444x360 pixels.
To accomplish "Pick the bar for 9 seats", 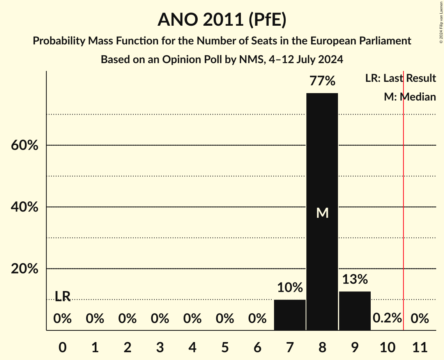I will point(355,311).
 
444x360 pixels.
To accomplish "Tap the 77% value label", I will point(322,81).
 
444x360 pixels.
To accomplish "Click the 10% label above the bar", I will point(290,288).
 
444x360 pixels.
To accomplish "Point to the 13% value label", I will point(355,279).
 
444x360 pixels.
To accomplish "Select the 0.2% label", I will point(387,318).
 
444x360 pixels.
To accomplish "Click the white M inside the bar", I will point(322,213).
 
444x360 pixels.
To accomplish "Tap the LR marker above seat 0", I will point(62,296).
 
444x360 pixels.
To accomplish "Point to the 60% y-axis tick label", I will point(24,146).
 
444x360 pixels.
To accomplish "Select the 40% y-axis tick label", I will point(24,207).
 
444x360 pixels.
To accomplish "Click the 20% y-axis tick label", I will point(24,269).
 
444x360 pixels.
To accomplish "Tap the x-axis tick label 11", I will point(419,346).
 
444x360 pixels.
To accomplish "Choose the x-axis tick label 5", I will point(225,346).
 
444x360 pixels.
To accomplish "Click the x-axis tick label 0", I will point(62,346).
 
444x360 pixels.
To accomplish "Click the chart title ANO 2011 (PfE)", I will point(222,20).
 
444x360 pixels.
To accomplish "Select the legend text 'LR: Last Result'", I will point(400,78).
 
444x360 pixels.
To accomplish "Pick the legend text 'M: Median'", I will point(410,97).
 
